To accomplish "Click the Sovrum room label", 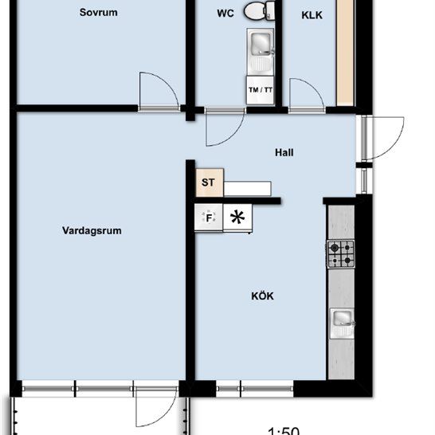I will tap(100, 13).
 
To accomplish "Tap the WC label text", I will tap(226, 14).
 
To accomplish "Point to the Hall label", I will tap(284, 151).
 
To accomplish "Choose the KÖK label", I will tap(262, 296).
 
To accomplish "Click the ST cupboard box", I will tap(209, 182).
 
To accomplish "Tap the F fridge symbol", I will tap(210, 217).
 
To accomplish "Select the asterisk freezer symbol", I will tap(237, 217).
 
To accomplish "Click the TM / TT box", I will tap(261, 90).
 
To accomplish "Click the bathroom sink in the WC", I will tap(261, 46).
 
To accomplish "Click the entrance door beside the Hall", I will tap(382, 139).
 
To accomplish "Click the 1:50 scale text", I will tap(284, 430).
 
